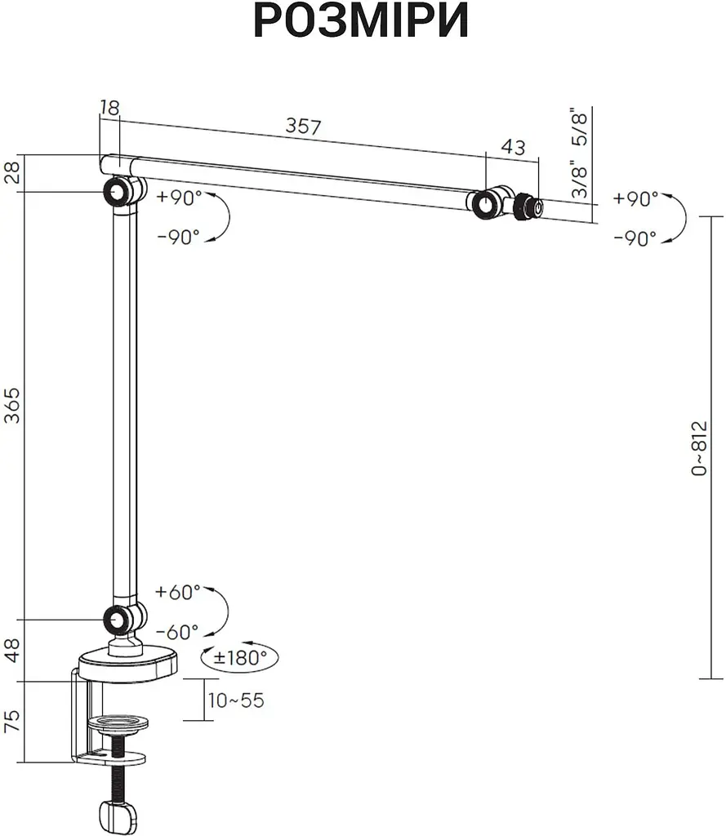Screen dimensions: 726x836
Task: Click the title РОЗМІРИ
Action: pos(361,20)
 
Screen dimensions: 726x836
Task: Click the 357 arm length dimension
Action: pos(304,126)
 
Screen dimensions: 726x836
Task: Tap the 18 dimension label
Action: pos(109,108)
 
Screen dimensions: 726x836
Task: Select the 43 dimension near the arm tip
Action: pos(513,147)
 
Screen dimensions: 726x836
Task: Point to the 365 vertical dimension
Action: pos(11,405)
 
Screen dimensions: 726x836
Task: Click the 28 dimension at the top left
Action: pos(11,172)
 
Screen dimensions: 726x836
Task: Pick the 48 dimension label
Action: pos(11,650)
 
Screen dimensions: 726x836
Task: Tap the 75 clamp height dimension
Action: pos(11,720)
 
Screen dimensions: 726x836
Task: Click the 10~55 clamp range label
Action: pos(236,700)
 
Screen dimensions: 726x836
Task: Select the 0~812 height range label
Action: pos(699,448)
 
